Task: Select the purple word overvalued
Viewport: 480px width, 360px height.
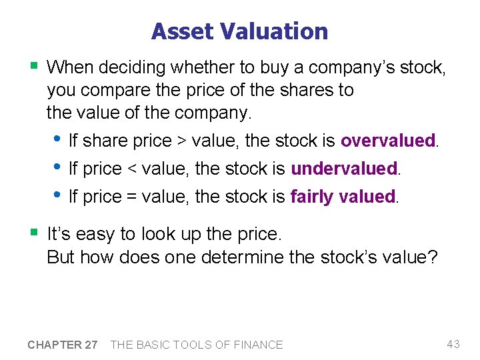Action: click(x=387, y=141)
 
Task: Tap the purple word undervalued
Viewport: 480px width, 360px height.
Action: click(x=344, y=169)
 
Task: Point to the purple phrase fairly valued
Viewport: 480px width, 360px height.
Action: click(x=343, y=197)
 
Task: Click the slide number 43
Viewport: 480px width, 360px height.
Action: click(x=453, y=344)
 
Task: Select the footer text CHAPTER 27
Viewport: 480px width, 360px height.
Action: click(x=63, y=345)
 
